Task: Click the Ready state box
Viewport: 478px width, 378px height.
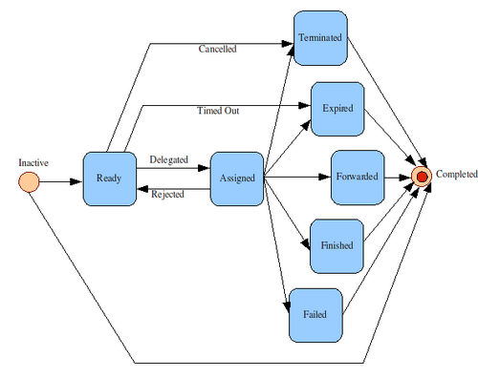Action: coord(110,178)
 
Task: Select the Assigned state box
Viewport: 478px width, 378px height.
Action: coord(237,178)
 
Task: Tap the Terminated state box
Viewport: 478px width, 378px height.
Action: coord(320,38)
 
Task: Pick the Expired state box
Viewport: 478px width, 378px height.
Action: coord(337,109)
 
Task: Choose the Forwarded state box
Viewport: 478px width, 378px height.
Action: coord(358,178)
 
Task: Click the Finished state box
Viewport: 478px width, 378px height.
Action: coord(337,246)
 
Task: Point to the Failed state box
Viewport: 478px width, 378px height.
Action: coord(315,315)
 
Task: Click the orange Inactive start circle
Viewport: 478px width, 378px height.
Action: coord(29,182)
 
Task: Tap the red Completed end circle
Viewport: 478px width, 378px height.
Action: coord(422,177)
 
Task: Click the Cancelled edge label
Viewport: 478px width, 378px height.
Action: coord(217,49)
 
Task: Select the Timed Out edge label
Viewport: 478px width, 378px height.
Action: coord(218,111)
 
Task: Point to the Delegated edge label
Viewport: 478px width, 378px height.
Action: coord(169,159)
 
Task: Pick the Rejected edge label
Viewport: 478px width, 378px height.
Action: coord(167,194)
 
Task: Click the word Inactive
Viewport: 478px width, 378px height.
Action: coord(33,162)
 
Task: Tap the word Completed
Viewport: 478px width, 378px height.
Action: coord(457,174)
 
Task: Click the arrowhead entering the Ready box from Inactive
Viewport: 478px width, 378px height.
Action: coord(76,181)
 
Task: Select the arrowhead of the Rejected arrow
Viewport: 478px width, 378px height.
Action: coord(142,189)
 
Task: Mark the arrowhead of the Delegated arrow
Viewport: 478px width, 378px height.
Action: coord(204,168)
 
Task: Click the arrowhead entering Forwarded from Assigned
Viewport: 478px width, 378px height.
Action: coord(324,177)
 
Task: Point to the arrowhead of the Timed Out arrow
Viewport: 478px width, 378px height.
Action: coord(305,105)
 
